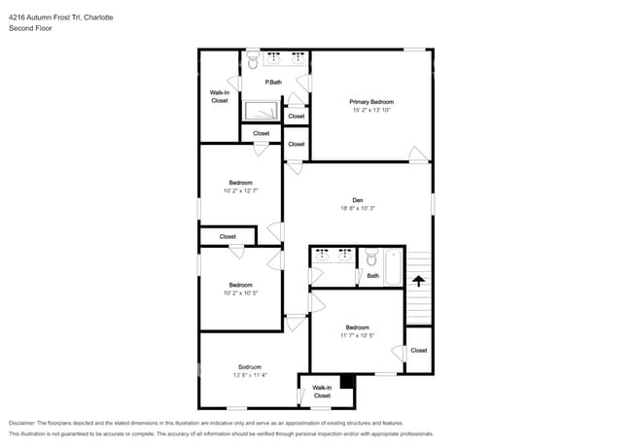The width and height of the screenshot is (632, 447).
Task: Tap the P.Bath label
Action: click(x=273, y=83)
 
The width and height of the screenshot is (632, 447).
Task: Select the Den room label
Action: click(x=358, y=200)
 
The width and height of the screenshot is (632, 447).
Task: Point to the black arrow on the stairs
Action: click(x=418, y=282)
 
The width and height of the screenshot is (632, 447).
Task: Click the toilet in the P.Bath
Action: click(x=253, y=60)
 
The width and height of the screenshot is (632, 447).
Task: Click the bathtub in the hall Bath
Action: click(x=393, y=267)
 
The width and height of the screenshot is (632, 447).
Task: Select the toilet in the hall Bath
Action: click(x=370, y=258)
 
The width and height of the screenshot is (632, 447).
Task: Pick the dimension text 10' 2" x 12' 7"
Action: click(x=240, y=191)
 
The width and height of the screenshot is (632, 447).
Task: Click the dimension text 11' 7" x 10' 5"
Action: click(x=357, y=336)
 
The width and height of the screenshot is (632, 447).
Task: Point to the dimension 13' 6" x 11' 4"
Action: click(x=250, y=375)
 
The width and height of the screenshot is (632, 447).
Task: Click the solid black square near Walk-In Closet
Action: click(x=347, y=381)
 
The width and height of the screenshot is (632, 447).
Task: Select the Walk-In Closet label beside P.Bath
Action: click(x=220, y=96)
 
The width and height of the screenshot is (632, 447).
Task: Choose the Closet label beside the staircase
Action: click(x=418, y=351)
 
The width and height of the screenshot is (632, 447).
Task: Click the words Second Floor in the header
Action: click(x=30, y=28)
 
